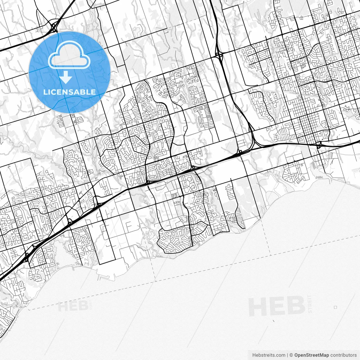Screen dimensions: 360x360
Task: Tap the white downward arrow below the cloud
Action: (66, 77)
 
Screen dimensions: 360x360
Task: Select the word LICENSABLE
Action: (69, 92)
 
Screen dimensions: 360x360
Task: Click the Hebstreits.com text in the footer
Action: (269, 355)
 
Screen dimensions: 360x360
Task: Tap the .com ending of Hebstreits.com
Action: (280, 355)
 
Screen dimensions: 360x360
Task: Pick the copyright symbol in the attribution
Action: (291, 355)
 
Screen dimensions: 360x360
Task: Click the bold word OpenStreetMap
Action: (312, 355)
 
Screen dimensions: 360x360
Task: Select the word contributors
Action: (343, 355)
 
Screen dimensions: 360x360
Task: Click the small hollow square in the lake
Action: (336, 307)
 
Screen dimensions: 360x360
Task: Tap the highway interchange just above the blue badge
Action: (54, 27)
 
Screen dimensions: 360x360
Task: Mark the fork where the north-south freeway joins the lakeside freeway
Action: (254, 141)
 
